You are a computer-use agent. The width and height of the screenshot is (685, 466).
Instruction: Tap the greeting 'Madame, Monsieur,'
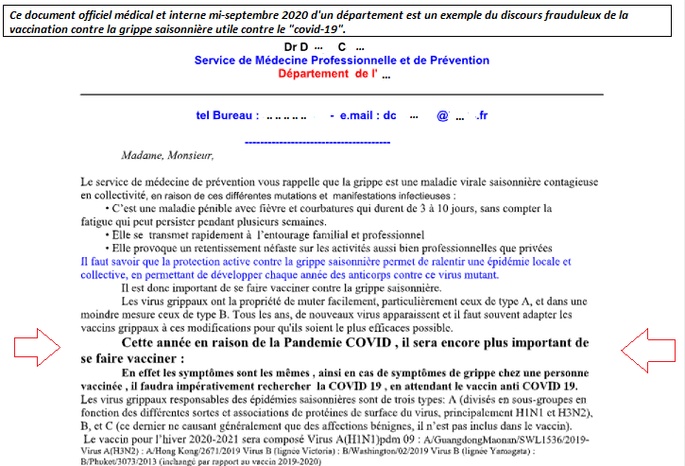click(x=167, y=155)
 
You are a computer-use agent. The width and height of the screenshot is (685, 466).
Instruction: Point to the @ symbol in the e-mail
click(x=441, y=115)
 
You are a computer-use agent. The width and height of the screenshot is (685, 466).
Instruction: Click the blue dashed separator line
click(x=317, y=142)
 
